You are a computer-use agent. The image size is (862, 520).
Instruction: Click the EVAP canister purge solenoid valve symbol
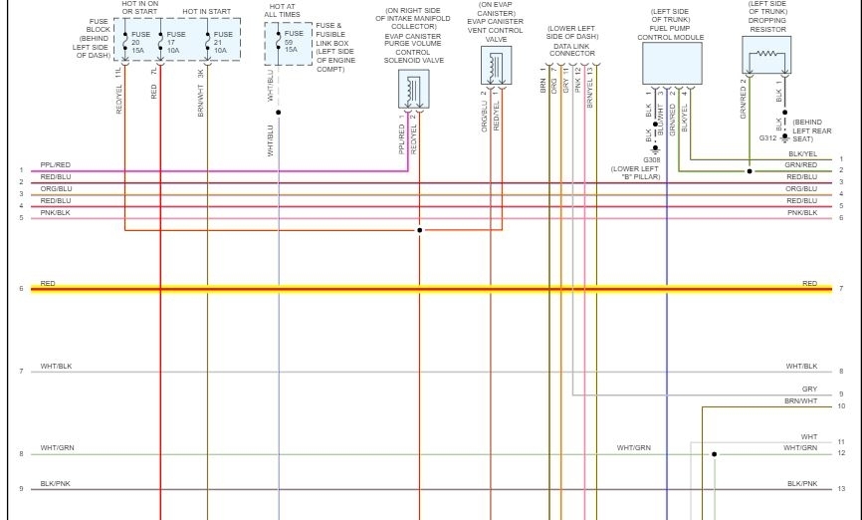coord(415,92)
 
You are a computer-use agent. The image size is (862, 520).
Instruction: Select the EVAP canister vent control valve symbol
coord(495,67)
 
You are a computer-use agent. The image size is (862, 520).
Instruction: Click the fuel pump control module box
coord(672,63)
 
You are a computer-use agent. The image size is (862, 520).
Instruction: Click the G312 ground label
coord(767,137)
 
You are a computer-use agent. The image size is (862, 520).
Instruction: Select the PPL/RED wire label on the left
coord(56,165)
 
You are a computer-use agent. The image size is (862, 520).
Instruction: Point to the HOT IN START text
coord(206,11)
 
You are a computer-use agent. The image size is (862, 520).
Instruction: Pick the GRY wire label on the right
coord(809,390)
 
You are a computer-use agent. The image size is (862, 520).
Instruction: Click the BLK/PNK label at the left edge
coord(56,483)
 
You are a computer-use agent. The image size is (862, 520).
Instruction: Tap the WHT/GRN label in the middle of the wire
coord(633,448)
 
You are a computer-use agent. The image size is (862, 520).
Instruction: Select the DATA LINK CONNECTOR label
coord(572,50)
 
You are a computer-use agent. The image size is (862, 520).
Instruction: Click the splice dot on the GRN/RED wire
coord(749,171)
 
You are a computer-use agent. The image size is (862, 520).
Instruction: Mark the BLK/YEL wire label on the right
coord(802,154)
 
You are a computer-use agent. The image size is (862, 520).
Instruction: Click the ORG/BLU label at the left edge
coord(56,188)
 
